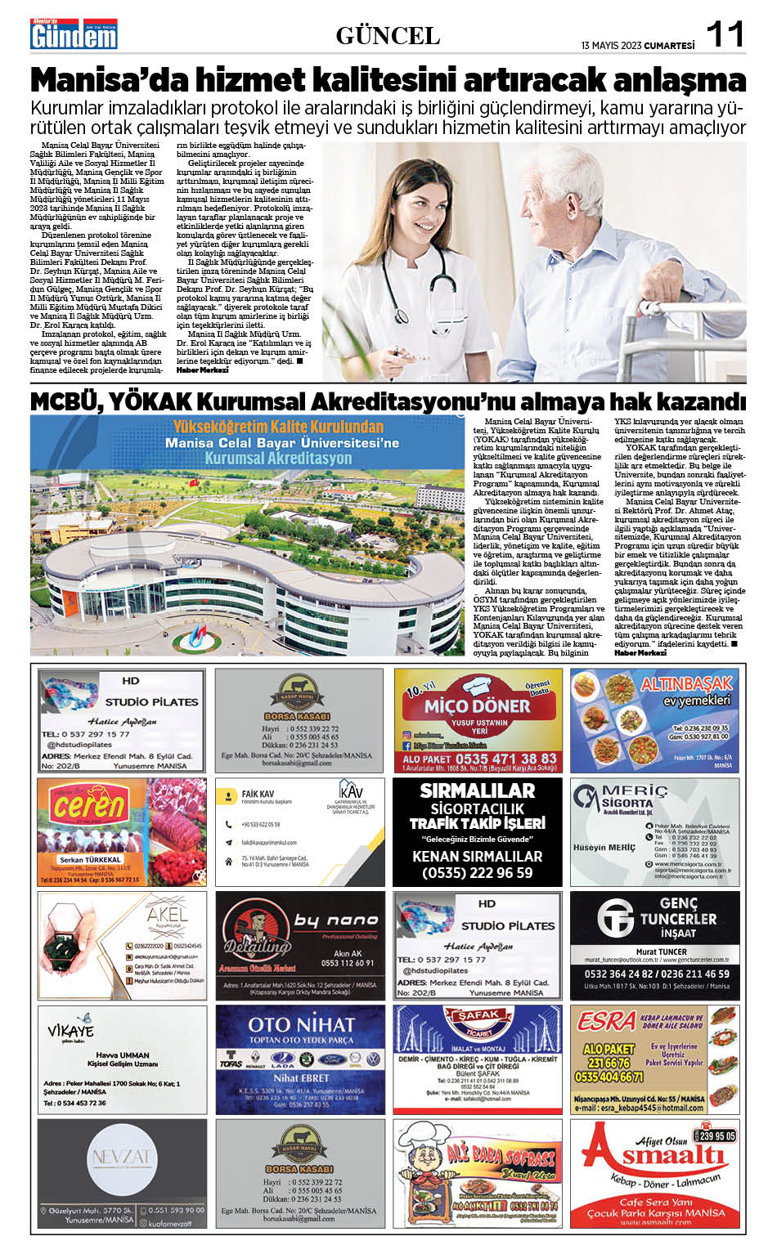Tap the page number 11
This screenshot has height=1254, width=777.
point(725,35)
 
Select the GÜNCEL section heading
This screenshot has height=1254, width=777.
point(388,36)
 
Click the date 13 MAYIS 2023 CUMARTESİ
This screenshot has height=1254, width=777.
point(638,46)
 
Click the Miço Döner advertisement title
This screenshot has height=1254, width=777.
point(477,705)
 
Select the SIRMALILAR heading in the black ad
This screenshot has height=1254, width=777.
point(477,790)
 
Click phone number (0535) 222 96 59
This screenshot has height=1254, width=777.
point(477,873)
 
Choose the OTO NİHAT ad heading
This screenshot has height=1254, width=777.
point(301,1024)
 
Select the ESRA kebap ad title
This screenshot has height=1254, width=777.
point(606,1021)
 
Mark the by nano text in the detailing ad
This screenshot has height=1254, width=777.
point(336,920)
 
